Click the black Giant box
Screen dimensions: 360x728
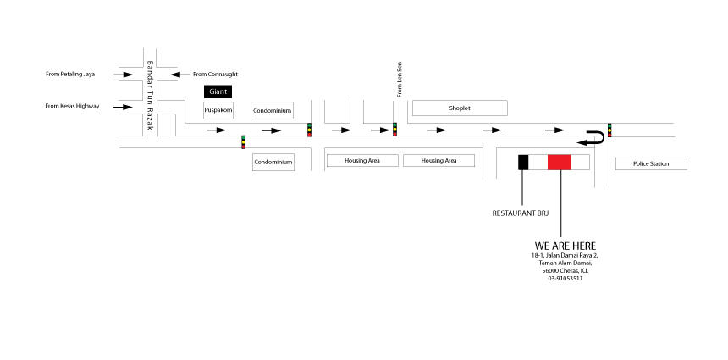(x=217, y=91)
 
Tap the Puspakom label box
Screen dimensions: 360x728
(x=218, y=110)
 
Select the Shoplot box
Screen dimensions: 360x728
(x=459, y=108)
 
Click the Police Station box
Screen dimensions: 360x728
(x=650, y=163)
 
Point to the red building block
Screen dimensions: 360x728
(x=560, y=163)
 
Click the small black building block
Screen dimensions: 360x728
(x=523, y=163)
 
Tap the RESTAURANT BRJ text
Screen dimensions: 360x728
(x=521, y=213)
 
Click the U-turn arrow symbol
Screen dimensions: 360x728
(x=594, y=137)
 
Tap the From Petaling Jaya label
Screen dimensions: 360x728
(x=70, y=75)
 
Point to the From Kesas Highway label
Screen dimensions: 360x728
(x=72, y=106)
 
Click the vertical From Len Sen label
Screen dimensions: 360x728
(x=398, y=77)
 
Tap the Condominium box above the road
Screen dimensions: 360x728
(x=273, y=110)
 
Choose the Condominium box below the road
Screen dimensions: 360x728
(x=273, y=162)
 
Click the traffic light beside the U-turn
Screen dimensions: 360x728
(x=609, y=130)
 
